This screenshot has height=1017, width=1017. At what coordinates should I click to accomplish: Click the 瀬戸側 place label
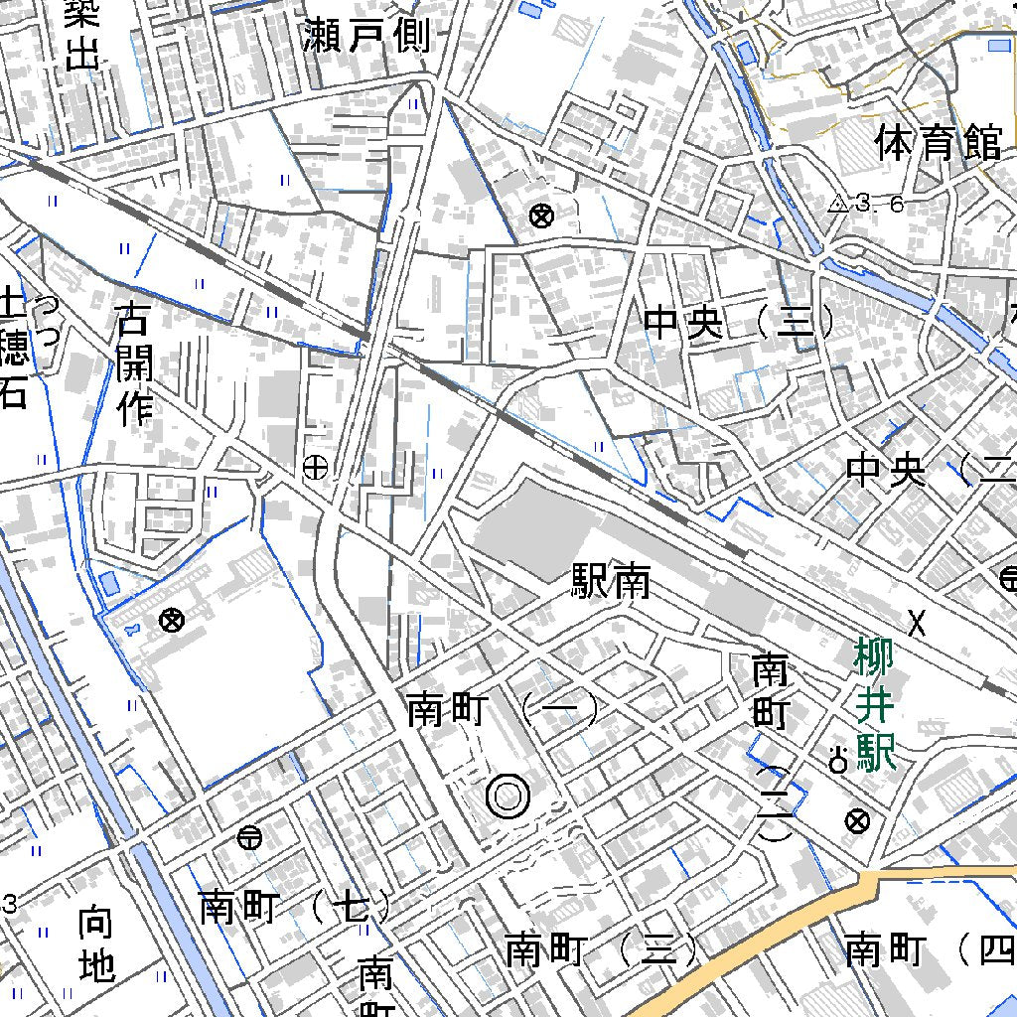[x=368, y=36]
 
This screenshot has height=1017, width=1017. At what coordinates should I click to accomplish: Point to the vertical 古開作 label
[x=135, y=364]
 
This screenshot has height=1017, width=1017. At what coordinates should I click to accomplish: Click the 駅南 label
[x=611, y=582]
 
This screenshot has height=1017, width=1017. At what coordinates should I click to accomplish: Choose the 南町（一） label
[x=503, y=711]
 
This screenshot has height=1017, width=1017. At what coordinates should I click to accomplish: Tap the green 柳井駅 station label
[x=875, y=705]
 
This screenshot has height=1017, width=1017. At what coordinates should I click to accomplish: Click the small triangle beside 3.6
[x=837, y=205]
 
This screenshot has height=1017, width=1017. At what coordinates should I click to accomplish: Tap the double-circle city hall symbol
[x=508, y=797]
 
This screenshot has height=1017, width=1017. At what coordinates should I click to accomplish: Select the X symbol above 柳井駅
[x=918, y=623]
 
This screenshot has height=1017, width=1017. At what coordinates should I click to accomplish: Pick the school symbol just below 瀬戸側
[x=541, y=215]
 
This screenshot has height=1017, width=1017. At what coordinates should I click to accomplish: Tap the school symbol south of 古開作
[x=172, y=621]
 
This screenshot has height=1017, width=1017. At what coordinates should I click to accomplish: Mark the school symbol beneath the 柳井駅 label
[x=857, y=821]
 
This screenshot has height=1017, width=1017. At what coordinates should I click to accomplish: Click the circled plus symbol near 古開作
[x=315, y=467]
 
